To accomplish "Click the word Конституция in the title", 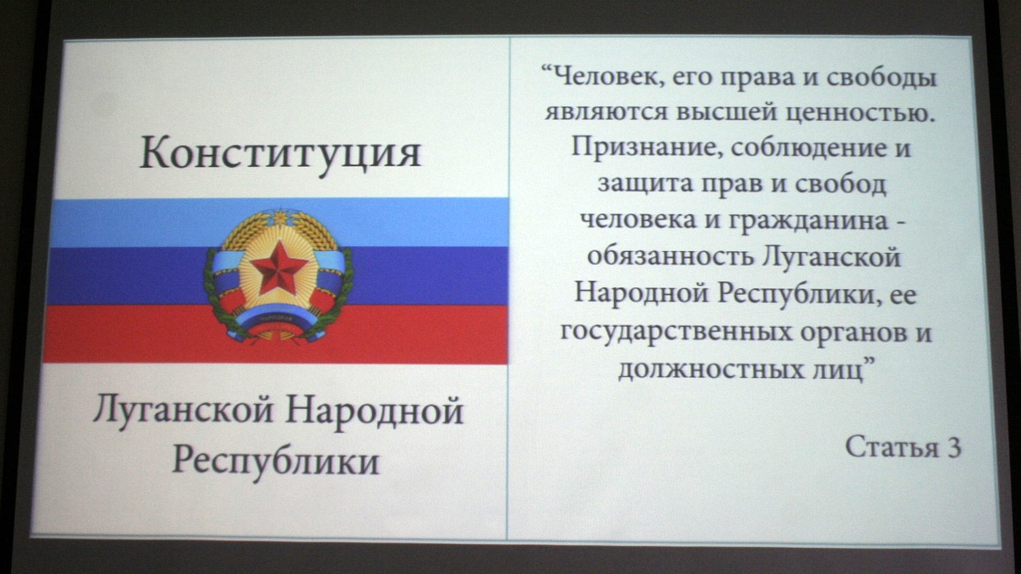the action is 280,154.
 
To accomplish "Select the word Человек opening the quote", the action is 606,78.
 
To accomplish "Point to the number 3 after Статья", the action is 953,448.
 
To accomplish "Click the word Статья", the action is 892,447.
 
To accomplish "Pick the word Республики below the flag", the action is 276,461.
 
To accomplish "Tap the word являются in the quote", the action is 606,113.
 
